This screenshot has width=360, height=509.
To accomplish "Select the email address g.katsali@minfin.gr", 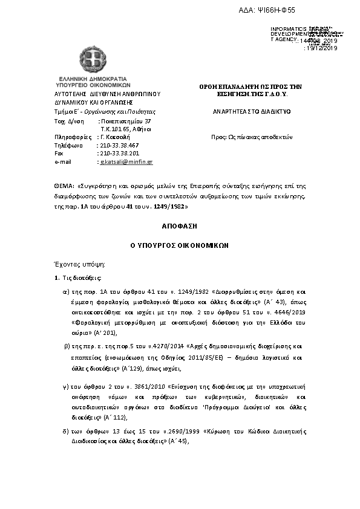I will coord(126,162).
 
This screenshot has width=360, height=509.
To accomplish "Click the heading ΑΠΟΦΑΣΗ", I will coord(179,226).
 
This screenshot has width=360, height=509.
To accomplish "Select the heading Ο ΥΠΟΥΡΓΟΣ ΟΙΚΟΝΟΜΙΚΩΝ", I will coord(179,247).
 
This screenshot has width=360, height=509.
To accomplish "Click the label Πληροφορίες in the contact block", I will coord(71,137).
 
